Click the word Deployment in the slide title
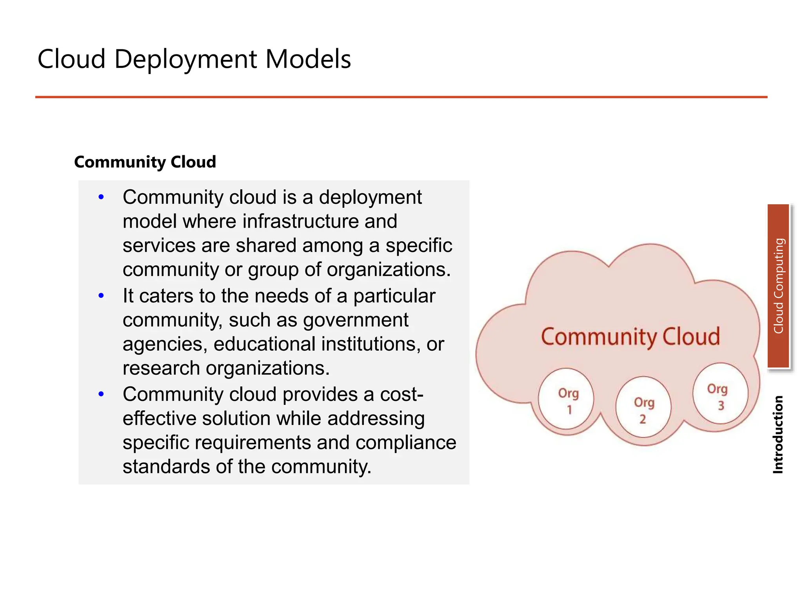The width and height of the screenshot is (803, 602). pos(185,60)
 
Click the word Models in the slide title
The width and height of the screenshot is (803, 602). pos(308,60)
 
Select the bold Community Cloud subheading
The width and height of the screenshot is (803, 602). pos(145,162)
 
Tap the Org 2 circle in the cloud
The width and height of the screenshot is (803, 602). pos(643,408)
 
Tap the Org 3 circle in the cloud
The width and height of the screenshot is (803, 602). pos(720,394)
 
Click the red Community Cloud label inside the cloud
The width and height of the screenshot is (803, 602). pos(630,337)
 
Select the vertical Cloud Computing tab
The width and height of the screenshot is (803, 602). pos(778,286)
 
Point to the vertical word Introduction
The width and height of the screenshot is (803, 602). pos(778,435)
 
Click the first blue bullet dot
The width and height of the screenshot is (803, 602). pos(101,197)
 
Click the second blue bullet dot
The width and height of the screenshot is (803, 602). pos(101,296)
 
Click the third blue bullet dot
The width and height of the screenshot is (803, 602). pos(101,394)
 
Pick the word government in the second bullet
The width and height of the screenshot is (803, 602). pos(356,320)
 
